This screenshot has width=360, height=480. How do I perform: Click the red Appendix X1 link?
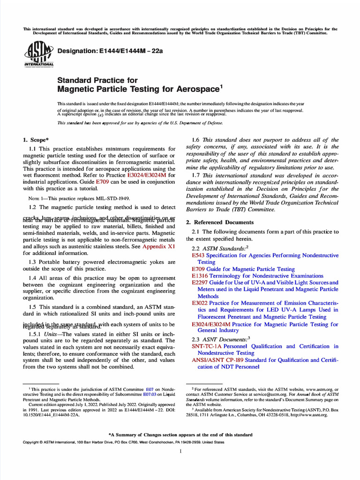point(159,246)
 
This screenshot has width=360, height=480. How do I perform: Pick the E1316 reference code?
point(200,276)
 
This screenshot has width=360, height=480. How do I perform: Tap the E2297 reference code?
point(201,283)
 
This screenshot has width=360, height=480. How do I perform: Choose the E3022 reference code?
point(201,303)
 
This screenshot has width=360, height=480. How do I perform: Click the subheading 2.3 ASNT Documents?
point(218,339)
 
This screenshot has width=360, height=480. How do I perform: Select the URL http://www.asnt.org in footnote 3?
point(309,415)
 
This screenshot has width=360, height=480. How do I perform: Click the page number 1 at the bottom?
point(180,451)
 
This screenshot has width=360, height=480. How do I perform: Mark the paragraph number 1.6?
point(197,140)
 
